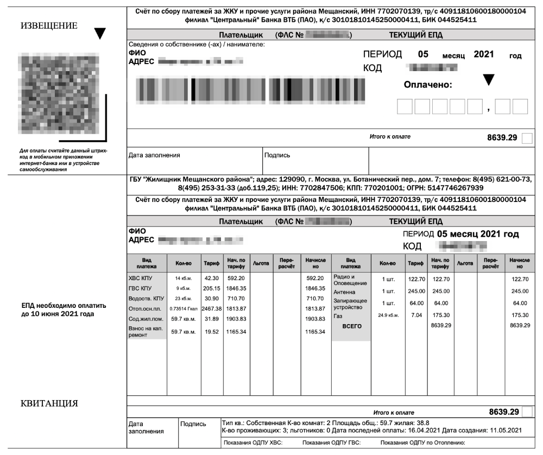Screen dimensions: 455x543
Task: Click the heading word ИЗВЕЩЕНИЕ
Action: pyautogui.click(x=49, y=26)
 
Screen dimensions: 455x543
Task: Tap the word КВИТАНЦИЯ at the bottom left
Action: pyautogui.click(x=49, y=403)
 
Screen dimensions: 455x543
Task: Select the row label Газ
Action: pyautogui.click(x=339, y=315)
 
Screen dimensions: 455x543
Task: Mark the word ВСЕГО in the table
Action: pyautogui.click(x=350, y=326)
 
